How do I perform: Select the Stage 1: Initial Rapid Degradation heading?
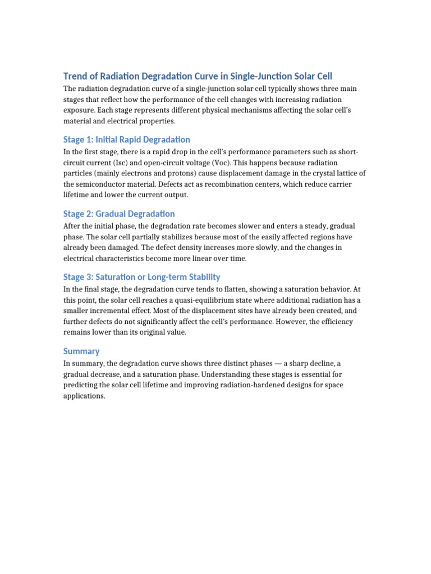coord(126,140)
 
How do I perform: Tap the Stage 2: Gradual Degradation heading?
coord(118,214)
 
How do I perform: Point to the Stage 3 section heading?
coord(141,277)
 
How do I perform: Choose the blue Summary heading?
coord(81,351)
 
